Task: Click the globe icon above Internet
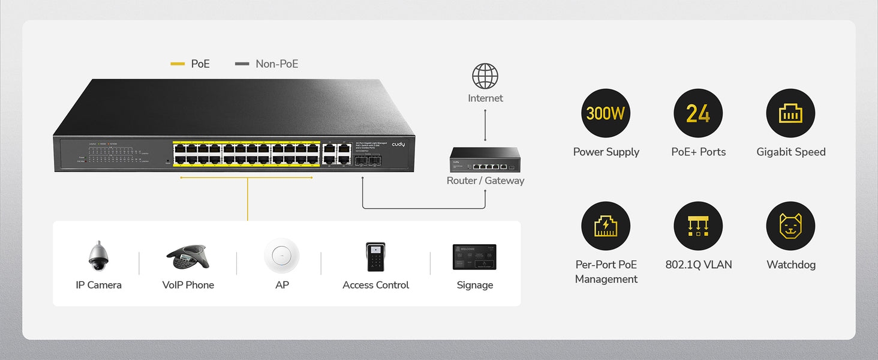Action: (485, 76)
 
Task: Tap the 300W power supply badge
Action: (606, 113)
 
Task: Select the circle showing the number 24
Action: (698, 113)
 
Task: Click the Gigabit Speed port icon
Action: (790, 113)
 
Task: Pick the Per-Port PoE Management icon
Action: (606, 226)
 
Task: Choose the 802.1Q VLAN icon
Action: (698, 226)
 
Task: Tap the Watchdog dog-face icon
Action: (790, 226)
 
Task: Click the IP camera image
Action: (98, 256)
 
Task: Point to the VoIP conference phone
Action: (188, 257)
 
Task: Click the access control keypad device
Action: (375, 257)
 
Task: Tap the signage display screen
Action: (474, 257)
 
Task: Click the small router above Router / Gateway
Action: (485, 160)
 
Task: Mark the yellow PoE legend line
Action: (178, 64)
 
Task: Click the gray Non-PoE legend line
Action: (242, 64)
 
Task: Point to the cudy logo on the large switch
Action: (398, 145)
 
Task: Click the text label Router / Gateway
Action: (485, 181)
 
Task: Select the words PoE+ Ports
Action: (698, 152)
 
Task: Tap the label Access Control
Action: (375, 285)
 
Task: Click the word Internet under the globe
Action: (485, 98)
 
